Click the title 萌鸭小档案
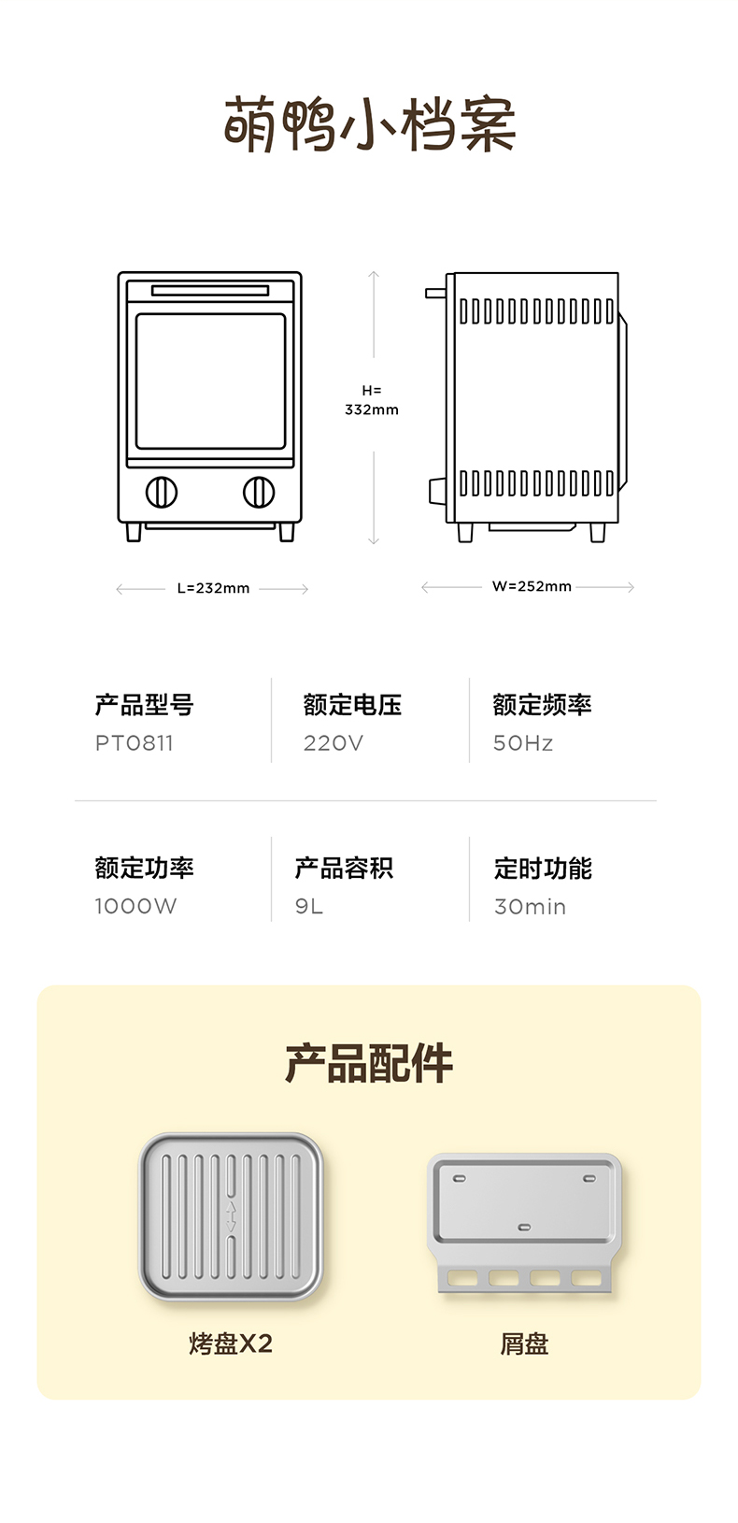[369, 125]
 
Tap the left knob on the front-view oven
[162, 492]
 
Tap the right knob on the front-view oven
[259, 492]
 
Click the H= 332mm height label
[372, 400]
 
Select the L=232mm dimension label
[213, 588]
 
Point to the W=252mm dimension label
[532, 586]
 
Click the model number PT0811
[135, 743]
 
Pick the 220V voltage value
[333, 743]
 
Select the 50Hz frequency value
[523, 743]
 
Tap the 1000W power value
[135, 906]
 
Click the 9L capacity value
[309, 906]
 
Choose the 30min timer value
[530, 906]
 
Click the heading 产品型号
[144, 705]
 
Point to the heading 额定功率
[144, 868]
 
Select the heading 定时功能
[543, 868]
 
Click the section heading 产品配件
[369, 1063]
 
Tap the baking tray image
[231, 1215]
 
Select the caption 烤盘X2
[231, 1343]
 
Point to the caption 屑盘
[524, 1343]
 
